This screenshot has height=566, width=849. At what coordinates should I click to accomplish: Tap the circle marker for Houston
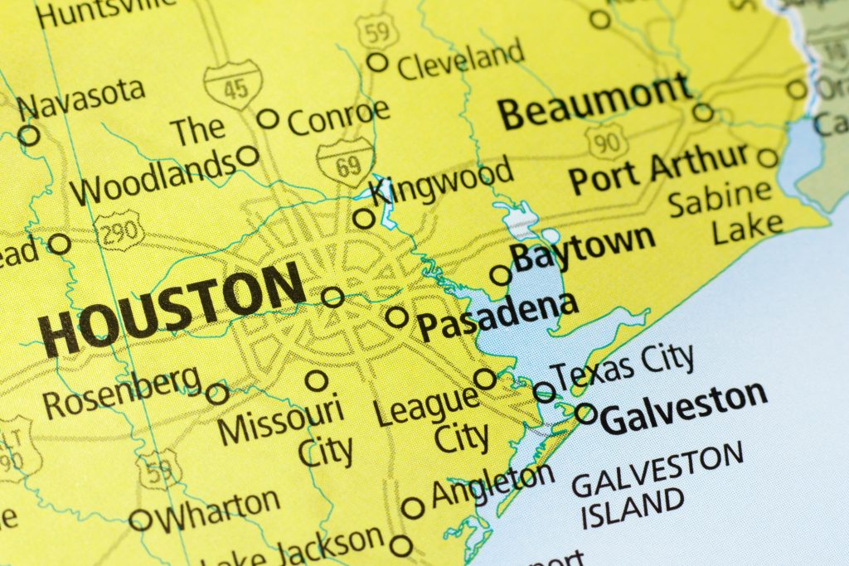pos(332,297)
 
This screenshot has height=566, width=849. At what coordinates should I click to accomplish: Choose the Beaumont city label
pos(594,103)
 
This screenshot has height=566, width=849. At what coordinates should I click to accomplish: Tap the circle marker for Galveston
pos(585,413)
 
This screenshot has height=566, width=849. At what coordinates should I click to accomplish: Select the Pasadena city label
pos(497,316)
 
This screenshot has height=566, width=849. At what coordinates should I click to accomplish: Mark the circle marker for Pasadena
pos(397,317)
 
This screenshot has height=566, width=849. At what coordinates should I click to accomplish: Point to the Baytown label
pos(583,246)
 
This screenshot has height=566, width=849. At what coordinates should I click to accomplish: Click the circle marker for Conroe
pos(268,119)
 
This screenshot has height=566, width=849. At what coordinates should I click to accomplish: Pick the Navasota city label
pos(80,99)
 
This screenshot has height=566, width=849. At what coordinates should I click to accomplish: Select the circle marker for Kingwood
pos(364,219)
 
